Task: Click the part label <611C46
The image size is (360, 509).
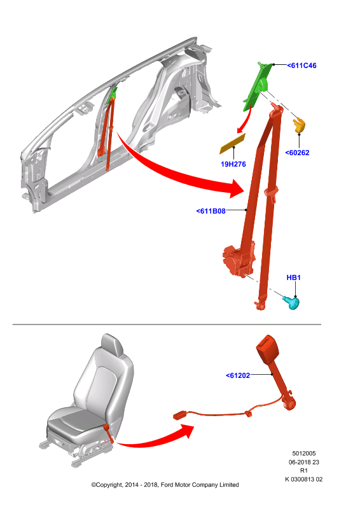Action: [x=301, y=66]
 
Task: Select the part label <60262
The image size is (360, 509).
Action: [x=297, y=153]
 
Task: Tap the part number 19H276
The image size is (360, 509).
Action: [x=233, y=164]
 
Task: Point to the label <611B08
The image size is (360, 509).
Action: [x=211, y=211]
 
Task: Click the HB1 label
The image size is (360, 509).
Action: [x=293, y=277]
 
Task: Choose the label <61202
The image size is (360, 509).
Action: [x=238, y=375]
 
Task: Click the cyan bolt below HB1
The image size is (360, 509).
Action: [x=291, y=303]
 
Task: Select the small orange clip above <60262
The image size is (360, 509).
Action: [x=300, y=125]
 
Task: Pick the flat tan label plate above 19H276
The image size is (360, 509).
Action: [x=233, y=144]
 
